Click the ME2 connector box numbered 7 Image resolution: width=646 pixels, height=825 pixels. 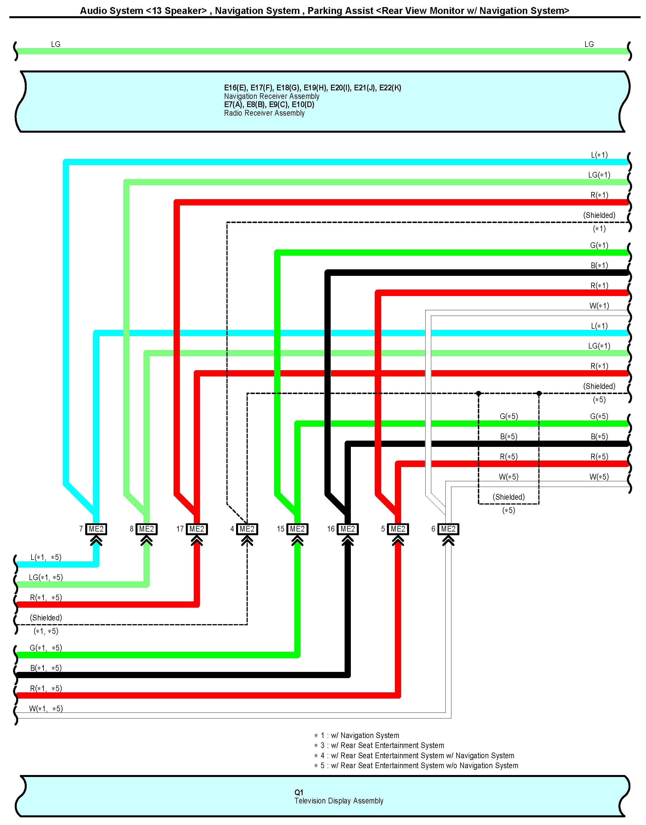(x=96, y=529)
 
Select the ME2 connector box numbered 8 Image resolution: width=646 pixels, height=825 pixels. (x=146, y=529)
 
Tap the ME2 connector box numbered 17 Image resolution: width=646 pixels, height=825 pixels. (x=197, y=529)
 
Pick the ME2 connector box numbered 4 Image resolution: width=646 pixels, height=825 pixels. (x=247, y=529)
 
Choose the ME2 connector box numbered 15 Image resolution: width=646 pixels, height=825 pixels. (x=297, y=529)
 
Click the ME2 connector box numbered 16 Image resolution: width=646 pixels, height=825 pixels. (x=348, y=529)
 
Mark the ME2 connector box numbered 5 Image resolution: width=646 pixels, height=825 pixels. (x=398, y=529)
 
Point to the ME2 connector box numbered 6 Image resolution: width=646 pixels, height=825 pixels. (x=448, y=529)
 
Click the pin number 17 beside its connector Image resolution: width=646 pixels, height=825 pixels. (x=180, y=529)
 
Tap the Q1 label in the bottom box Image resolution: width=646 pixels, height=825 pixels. (x=299, y=792)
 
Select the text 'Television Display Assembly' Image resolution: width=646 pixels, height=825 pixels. (x=339, y=801)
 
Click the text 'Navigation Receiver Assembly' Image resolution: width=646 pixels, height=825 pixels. (x=272, y=96)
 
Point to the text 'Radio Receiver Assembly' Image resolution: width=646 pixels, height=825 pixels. (x=264, y=113)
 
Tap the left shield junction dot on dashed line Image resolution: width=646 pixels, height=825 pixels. (x=478, y=393)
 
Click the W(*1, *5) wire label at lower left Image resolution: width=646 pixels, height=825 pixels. (x=46, y=709)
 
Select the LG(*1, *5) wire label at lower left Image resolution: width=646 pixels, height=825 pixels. (x=46, y=577)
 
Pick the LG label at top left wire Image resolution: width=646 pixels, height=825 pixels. (x=56, y=44)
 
